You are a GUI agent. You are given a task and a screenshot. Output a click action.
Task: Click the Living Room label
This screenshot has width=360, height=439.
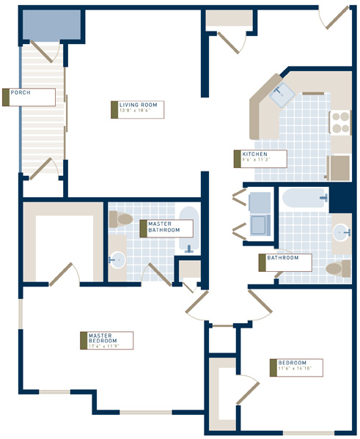[139, 109]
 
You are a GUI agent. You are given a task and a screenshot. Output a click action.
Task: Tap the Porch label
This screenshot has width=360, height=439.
[29, 97]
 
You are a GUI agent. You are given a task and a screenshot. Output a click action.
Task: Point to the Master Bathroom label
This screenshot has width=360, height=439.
[166, 227]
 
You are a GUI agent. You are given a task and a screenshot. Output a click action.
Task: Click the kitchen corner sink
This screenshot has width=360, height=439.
[280, 95]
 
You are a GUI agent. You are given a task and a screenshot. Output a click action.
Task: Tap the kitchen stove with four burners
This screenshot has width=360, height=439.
[341, 122]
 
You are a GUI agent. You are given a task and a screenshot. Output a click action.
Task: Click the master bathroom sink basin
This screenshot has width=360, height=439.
[117, 259]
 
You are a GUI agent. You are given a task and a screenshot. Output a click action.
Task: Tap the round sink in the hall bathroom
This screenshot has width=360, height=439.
[341, 233]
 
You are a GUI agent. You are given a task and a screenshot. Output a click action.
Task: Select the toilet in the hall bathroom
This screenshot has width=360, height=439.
[336, 268]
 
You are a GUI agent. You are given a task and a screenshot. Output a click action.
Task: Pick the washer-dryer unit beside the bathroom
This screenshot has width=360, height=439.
[260, 213]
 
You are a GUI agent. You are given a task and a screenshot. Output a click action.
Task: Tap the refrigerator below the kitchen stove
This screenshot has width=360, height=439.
[339, 168]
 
